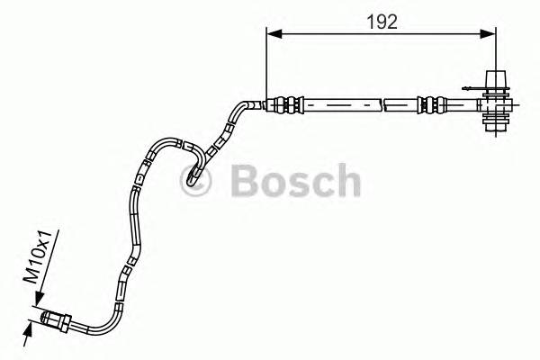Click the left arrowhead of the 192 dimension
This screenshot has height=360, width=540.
pos(274,33)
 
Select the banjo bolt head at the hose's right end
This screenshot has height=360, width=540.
pos(495,80)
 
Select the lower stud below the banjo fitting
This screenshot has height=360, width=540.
pos(495,125)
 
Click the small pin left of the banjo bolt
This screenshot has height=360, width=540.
pos(467,88)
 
